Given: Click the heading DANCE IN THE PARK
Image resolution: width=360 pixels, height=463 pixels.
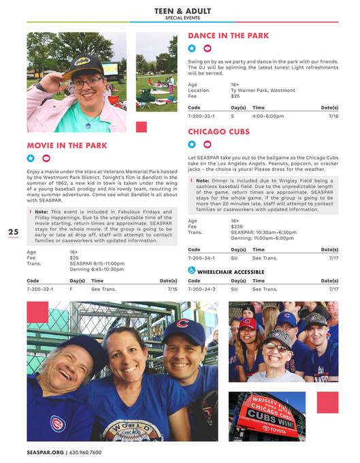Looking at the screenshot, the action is [228, 35].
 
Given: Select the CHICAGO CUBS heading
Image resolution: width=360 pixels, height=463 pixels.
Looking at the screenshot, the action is [219, 131].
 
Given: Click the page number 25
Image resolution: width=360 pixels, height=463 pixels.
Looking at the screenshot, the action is [14, 232].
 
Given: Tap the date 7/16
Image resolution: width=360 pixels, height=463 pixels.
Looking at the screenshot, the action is [333, 116].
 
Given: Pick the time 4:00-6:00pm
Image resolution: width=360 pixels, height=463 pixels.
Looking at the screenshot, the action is [268, 116].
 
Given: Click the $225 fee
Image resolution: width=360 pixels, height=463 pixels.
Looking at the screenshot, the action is [237, 227].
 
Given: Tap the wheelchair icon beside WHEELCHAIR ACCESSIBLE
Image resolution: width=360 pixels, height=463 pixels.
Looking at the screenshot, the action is [192, 271].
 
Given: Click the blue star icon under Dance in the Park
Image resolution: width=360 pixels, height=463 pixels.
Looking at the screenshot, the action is [192, 48].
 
